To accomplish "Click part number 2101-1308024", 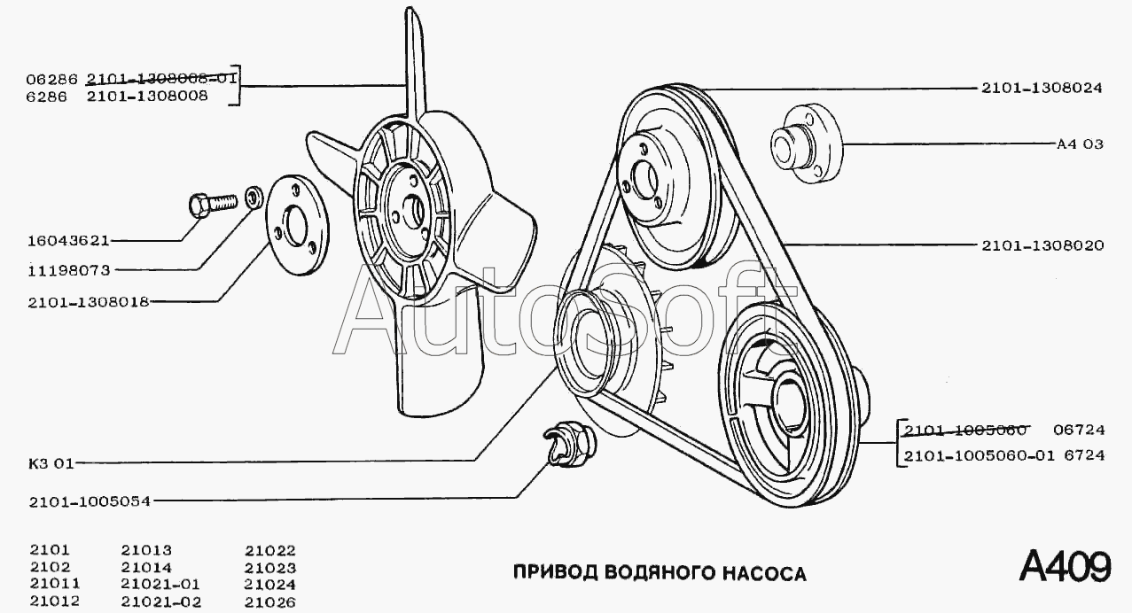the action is (1042, 89).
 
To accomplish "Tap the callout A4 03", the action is (1080, 144).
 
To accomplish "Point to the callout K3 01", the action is (51, 462).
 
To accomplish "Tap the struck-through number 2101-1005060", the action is (965, 431).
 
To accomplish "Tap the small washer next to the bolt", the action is (253, 196).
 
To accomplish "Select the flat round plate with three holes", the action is (296, 225).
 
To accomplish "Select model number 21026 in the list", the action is (270, 602).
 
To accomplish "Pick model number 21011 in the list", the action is (55, 585).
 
